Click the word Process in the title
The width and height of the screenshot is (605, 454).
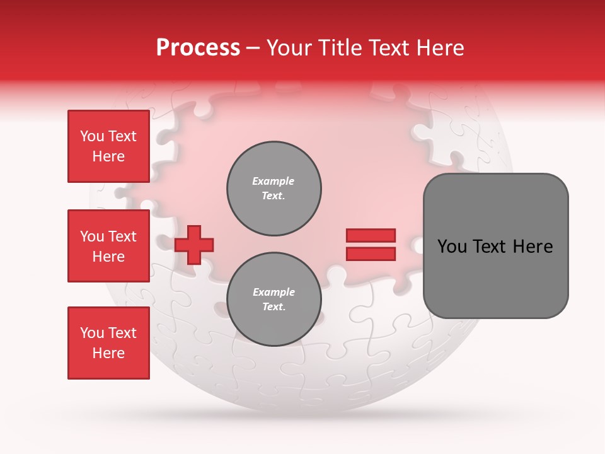tap(198, 48)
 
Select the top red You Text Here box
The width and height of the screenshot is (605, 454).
tap(108, 146)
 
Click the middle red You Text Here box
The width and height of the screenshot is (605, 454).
tap(108, 246)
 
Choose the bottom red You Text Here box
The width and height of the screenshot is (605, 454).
tap(108, 343)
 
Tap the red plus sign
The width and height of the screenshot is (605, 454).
tap(194, 245)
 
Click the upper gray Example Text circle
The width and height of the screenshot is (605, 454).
tap(274, 189)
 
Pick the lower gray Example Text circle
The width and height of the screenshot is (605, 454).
tap(274, 300)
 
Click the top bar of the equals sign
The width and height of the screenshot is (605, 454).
tap(371, 236)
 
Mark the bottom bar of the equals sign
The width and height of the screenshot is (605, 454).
tap(371, 253)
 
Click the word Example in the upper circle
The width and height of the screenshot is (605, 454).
tap(274, 181)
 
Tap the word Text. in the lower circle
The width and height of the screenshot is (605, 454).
tap(274, 307)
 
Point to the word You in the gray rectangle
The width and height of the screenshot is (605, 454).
tap(452, 247)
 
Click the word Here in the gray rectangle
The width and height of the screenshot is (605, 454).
tap(533, 247)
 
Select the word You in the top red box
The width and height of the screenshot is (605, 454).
tap(92, 136)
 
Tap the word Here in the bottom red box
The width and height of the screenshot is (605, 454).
tap(108, 353)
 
